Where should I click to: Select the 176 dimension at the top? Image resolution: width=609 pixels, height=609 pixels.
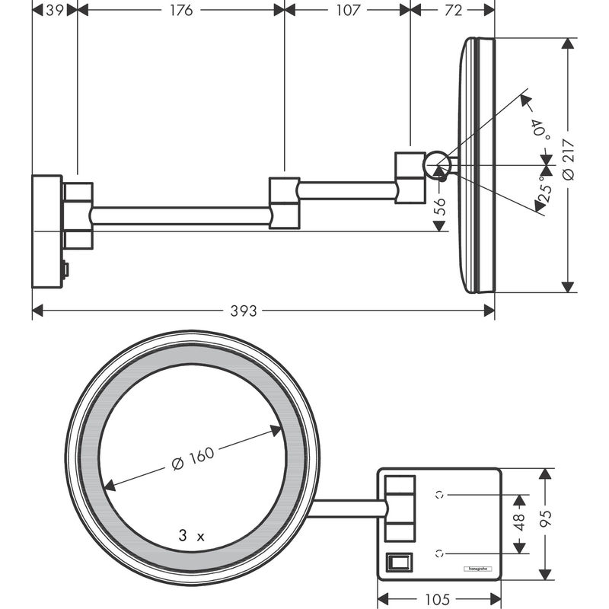[x=180, y=10]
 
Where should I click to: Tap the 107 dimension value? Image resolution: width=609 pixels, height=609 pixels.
[x=347, y=10]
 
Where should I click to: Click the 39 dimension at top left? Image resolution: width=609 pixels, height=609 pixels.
[x=54, y=10]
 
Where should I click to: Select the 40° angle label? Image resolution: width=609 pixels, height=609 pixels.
[x=541, y=126]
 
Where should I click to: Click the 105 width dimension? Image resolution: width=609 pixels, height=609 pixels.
[x=438, y=598]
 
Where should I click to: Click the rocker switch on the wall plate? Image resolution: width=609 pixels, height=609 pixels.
[x=399, y=562]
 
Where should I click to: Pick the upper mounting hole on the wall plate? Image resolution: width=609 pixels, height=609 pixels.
[x=439, y=493]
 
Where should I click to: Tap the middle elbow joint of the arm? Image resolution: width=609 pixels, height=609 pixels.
[x=283, y=203]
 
